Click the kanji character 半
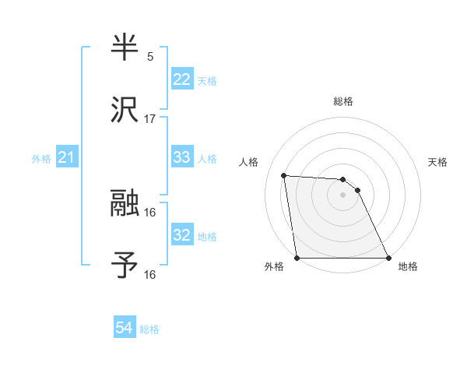pos(126,48)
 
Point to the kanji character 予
pos(126,265)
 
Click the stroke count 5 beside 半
pos(149,57)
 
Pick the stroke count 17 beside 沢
pos(150,118)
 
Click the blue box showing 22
pos(182,79)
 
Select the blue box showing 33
pos(182,157)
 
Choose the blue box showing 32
pos(182,235)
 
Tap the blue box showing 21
pos(67,158)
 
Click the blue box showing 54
pos(125,329)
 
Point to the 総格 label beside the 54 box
pos(149,329)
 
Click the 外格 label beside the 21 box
pos(41,159)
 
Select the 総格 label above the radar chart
pos(343,101)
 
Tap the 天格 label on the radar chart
pos(438,162)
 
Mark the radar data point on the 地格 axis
pos(388,258)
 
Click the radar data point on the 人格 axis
pos(284,175)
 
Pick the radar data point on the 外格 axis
pos(297,258)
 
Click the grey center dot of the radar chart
pos(343,195)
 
